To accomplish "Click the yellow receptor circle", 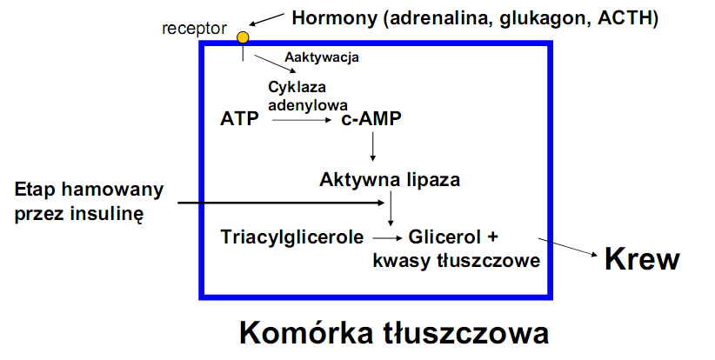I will coord(243,37).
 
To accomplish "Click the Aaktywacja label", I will coord(322,58).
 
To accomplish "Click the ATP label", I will coord(240,119).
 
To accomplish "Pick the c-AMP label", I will coord(371,119).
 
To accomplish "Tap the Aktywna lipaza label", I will coord(390,180).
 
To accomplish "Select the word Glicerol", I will coord(446,237).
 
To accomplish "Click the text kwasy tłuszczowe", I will coord(457,260).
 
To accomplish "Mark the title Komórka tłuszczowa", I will coord(394,333).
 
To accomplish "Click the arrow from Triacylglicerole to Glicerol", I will coord(385,237).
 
